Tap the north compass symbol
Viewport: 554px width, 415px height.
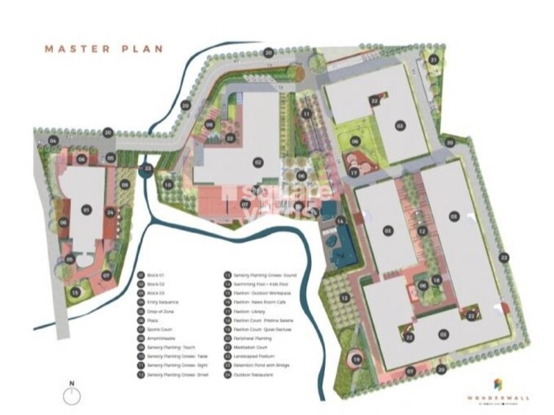(72, 396)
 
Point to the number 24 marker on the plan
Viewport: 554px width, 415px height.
(109, 213)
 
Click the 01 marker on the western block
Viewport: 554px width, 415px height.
(86, 210)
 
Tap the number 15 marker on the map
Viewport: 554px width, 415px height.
(75, 291)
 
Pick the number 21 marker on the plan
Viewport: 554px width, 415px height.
(434, 59)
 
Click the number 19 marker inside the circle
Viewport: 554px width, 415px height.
(357, 359)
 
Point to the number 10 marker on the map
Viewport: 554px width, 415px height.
(168, 185)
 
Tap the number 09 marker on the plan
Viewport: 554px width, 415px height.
(125, 185)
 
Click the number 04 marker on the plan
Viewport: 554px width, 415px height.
(53, 139)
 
